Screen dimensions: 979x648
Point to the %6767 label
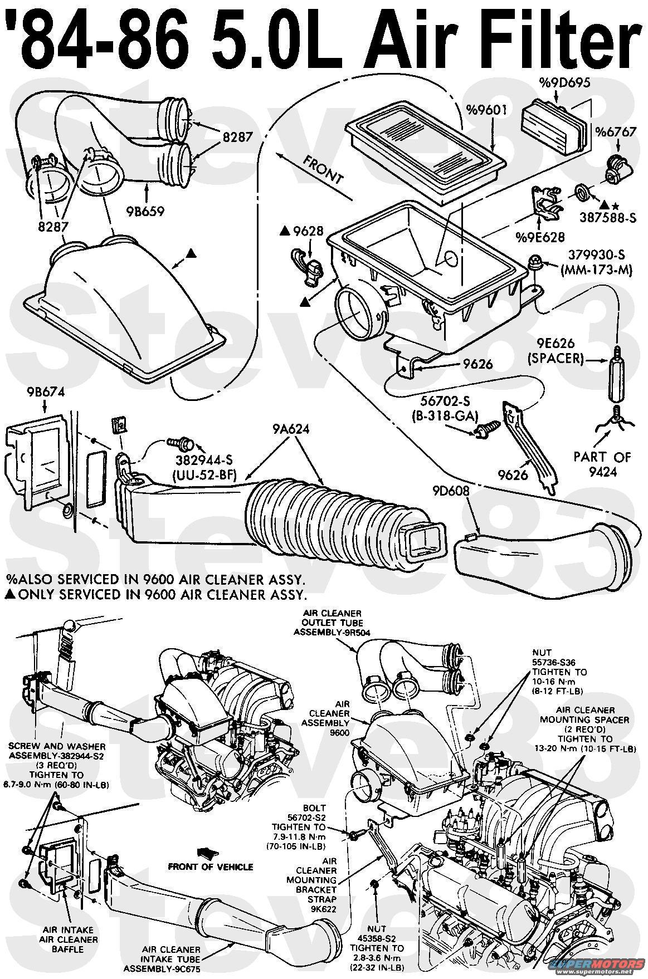click(x=615, y=133)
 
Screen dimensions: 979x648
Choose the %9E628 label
click(x=540, y=237)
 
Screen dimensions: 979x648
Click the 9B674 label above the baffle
click(x=45, y=392)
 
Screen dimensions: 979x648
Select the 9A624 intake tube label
click(x=291, y=429)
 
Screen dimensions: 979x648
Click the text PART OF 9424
click(x=602, y=463)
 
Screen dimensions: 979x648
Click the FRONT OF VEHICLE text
click(x=211, y=867)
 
